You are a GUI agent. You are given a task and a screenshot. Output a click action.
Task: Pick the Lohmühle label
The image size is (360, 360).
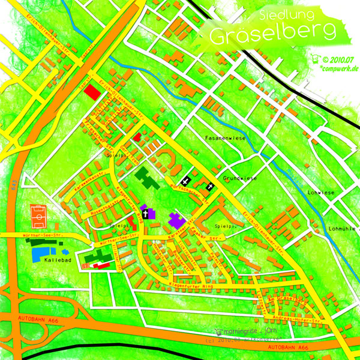tap(343, 229)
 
